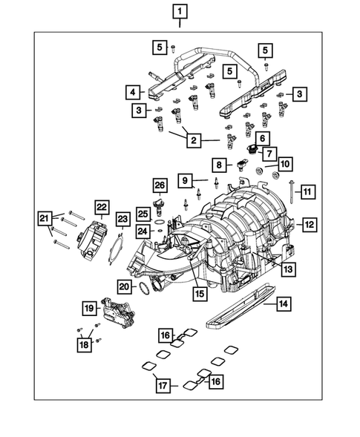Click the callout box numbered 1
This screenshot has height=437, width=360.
[180, 11]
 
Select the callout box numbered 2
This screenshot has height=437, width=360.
[192, 139]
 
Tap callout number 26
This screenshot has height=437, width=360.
[159, 185]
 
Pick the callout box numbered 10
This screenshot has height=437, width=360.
[286, 162]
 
